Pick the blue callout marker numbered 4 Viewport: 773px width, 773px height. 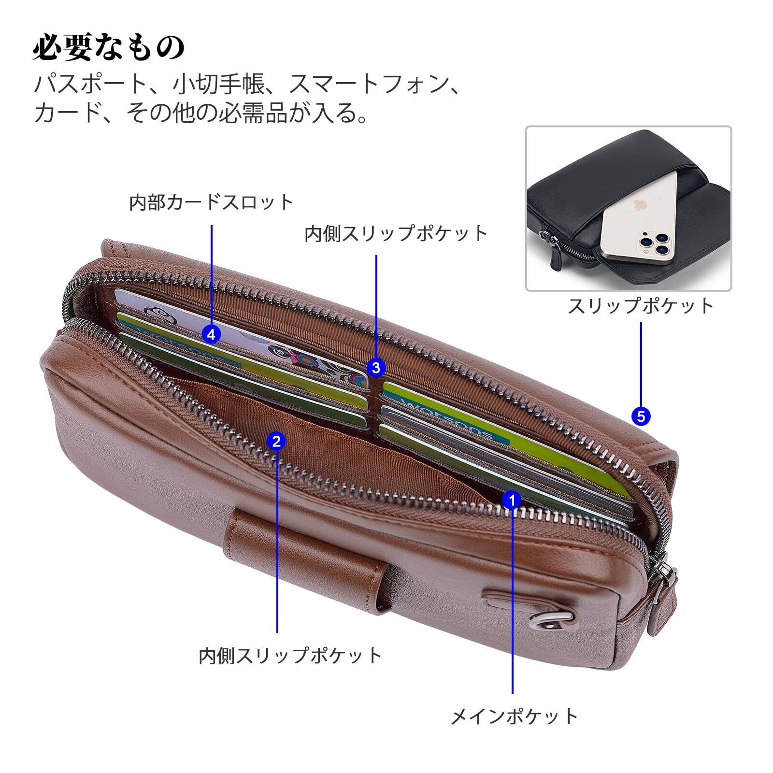212,334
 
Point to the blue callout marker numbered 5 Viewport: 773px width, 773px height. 641,416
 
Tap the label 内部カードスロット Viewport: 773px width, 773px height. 212,202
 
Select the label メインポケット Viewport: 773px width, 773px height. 514,716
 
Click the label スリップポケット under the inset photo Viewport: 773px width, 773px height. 641,306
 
